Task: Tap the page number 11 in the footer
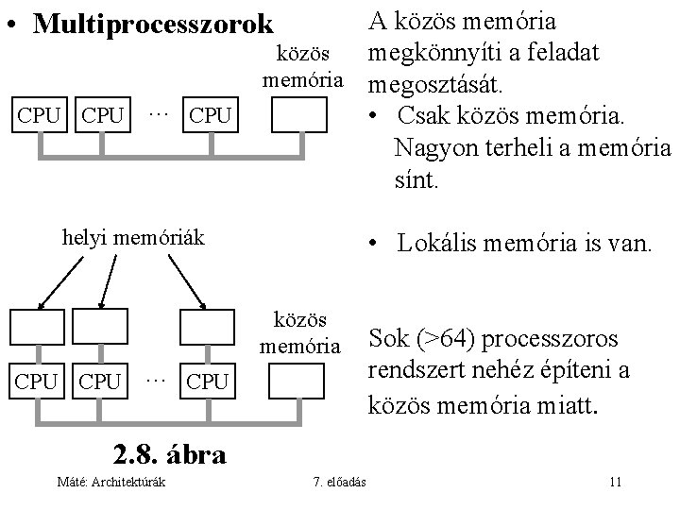pos(615,483)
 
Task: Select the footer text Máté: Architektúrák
pos(111,483)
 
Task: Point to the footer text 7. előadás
pos(341,483)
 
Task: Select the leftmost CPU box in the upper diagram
pos(38,116)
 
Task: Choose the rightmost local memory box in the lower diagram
pos(208,328)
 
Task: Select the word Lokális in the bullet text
pos(438,244)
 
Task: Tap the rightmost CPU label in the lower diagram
pos(209,382)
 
